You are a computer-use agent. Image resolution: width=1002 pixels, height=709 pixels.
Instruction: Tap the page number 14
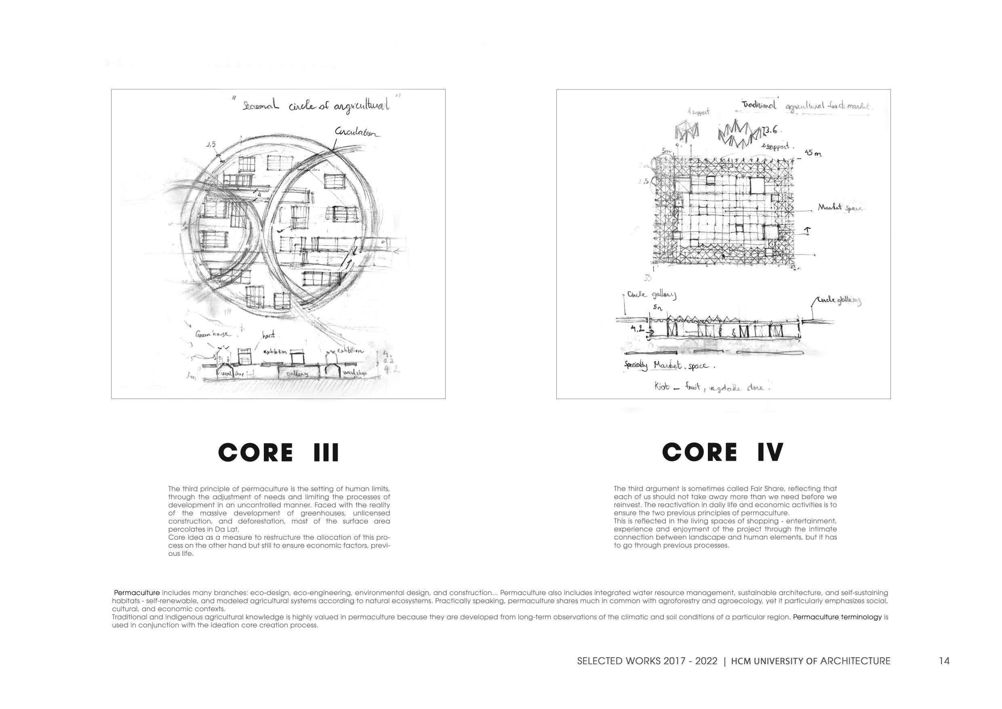pyautogui.click(x=944, y=661)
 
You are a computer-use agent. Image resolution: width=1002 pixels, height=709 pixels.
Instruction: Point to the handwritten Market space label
pyautogui.click(x=840, y=207)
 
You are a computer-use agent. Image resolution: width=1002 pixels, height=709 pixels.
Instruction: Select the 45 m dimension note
pyautogui.click(x=813, y=153)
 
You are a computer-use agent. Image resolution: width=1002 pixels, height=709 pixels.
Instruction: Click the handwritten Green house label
pyautogui.click(x=212, y=334)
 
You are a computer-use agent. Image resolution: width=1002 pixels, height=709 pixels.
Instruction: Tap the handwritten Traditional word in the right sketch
pyautogui.click(x=759, y=105)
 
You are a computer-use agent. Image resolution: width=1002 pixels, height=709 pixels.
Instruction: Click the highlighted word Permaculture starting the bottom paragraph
pyautogui.click(x=137, y=593)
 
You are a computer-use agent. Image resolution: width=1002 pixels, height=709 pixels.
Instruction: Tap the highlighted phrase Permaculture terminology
pyautogui.click(x=837, y=617)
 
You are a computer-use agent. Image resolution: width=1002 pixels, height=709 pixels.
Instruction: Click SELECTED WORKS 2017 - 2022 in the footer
pyautogui.click(x=647, y=661)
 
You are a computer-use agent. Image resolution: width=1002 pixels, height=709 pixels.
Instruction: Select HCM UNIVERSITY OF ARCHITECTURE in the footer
pyautogui.click(x=810, y=661)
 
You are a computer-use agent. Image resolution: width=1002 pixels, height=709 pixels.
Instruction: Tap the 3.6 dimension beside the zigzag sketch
pyautogui.click(x=770, y=130)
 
